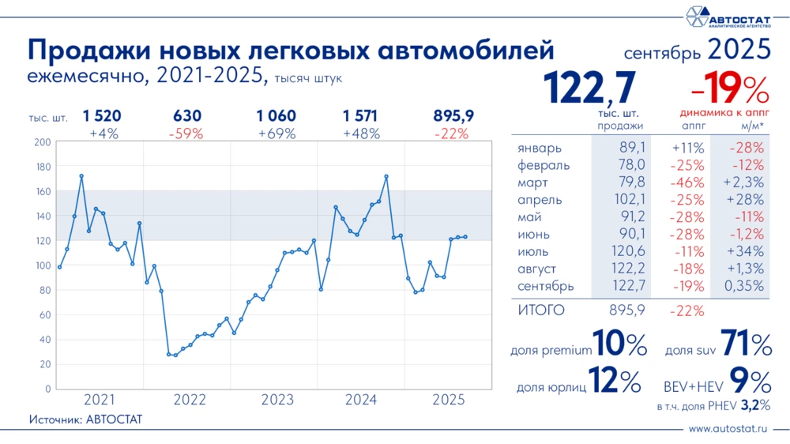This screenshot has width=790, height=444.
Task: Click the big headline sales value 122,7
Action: point(591,88)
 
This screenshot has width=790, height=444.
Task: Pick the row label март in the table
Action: point(535,182)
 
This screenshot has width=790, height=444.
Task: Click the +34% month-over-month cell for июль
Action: point(746,251)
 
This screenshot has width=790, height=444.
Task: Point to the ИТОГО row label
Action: point(541,310)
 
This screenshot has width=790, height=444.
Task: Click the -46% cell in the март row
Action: point(687,182)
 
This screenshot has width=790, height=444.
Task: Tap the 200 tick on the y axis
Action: point(43,142)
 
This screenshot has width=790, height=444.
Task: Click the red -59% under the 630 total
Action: point(186,134)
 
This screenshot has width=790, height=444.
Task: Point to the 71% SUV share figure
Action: point(746,345)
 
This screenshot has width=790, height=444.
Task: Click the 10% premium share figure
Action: point(620,345)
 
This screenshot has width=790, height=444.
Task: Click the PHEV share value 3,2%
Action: point(754,407)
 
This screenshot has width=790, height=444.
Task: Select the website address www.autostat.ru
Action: point(728,430)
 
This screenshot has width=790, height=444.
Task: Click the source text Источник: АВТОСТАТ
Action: point(85,419)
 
